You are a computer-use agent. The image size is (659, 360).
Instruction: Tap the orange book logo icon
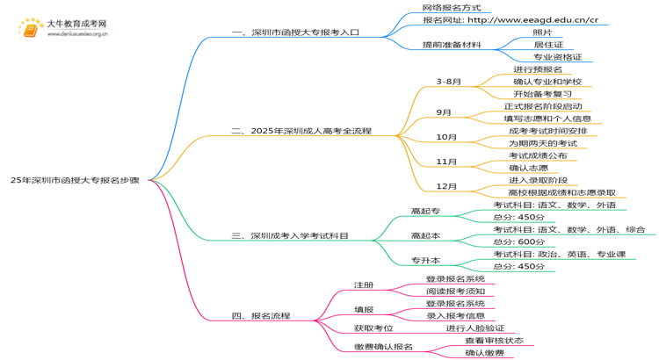[31, 29]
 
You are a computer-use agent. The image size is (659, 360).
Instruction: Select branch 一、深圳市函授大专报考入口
[295, 32]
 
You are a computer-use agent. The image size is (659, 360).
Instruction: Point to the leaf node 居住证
[548, 45]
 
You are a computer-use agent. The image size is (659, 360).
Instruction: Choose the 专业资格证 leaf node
[557, 58]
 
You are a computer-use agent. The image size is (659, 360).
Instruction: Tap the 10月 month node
[446, 137]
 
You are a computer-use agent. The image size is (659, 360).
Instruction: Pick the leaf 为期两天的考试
[542, 143]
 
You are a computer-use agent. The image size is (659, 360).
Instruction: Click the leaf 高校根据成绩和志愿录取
[561, 192]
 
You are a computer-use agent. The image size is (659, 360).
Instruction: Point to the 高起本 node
[425, 235]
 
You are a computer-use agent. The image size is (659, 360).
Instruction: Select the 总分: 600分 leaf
[518, 241]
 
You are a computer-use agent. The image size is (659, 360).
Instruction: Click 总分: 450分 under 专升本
[518, 266]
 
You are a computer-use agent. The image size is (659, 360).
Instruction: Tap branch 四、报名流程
[261, 315]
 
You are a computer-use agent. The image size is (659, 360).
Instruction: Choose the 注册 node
[364, 284]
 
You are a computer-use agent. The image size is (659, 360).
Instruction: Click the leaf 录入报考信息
[455, 315]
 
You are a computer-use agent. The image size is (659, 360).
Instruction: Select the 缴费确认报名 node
[383, 346]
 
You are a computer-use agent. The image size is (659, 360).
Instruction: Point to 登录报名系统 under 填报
[455, 303]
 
